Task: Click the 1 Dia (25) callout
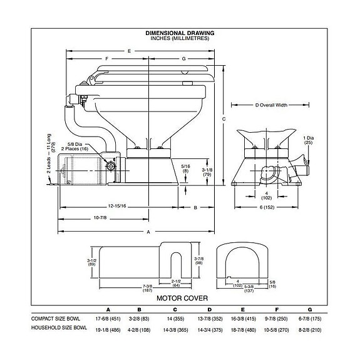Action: click(307, 140)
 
